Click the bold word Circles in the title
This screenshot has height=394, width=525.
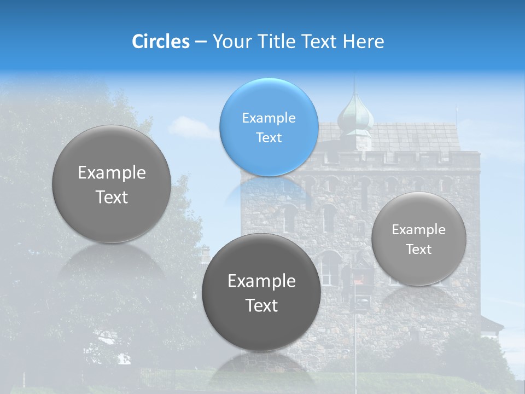pyautogui.click(x=160, y=42)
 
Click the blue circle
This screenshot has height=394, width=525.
pyautogui.click(x=269, y=128)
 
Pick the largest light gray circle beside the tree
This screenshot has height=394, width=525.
pyautogui.click(x=112, y=184)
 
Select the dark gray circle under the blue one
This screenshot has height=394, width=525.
pyautogui.click(x=261, y=292)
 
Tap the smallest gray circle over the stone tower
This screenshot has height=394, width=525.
pyautogui.click(x=419, y=239)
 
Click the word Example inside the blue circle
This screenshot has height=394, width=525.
pyautogui.click(x=269, y=118)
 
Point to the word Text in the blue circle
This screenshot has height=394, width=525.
pyautogui.click(x=269, y=137)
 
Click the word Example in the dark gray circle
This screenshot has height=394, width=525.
pyautogui.click(x=261, y=281)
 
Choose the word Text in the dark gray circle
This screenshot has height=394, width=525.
pyautogui.click(x=261, y=305)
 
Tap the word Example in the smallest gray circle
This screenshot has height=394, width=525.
pyautogui.click(x=419, y=229)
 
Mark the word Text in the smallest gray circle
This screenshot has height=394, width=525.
pyautogui.click(x=419, y=249)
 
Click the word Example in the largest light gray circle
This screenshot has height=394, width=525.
pyautogui.click(x=112, y=172)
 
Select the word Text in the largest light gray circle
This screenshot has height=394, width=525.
pyautogui.click(x=112, y=197)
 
